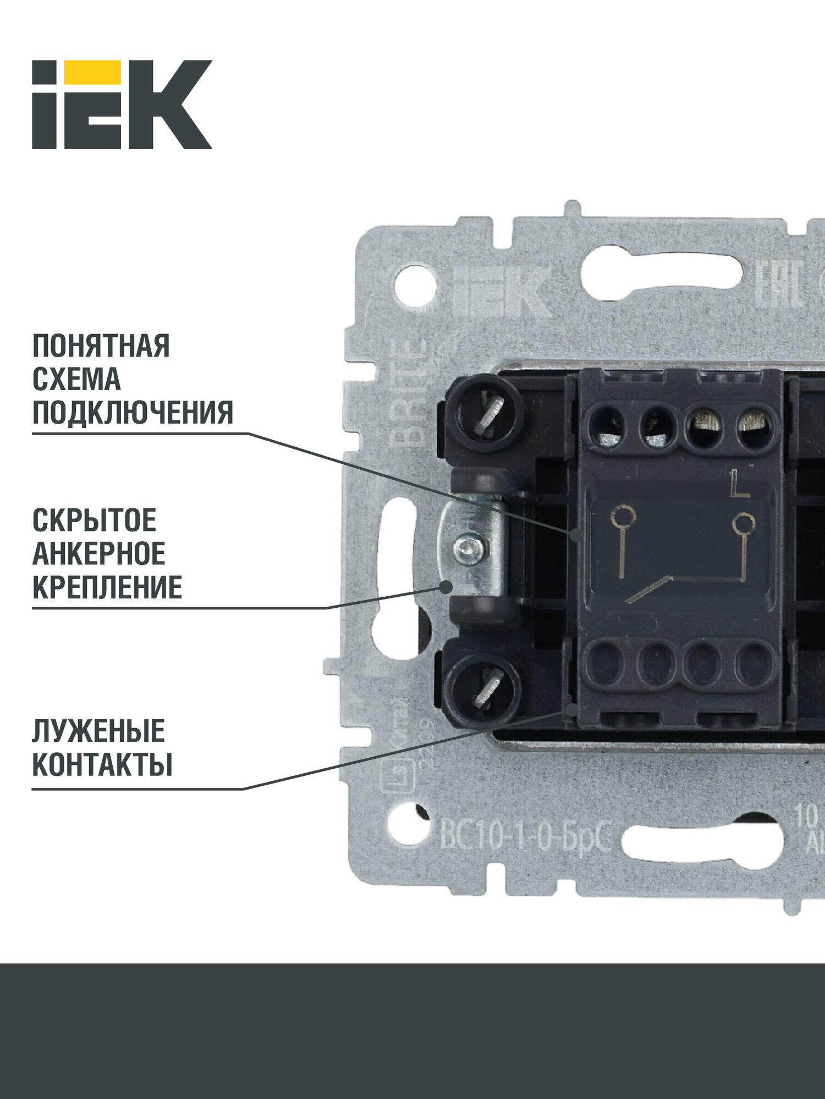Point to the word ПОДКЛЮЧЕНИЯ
pyautogui.click(x=133, y=413)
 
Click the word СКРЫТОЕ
pyautogui.click(x=94, y=520)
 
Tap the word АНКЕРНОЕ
pyautogui.click(x=99, y=554)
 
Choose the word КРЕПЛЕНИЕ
pyautogui.click(x=107, y=587)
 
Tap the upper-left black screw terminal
pyautogui.click(x=484, y=412)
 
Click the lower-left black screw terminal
pyautogui.click(x=482, y=690)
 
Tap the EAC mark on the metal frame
pyautogui.click(x=780, y=283)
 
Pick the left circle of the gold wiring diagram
pyautogui.click(x=623, y=516)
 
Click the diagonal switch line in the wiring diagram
pyautogui.click(x=649, y=590)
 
